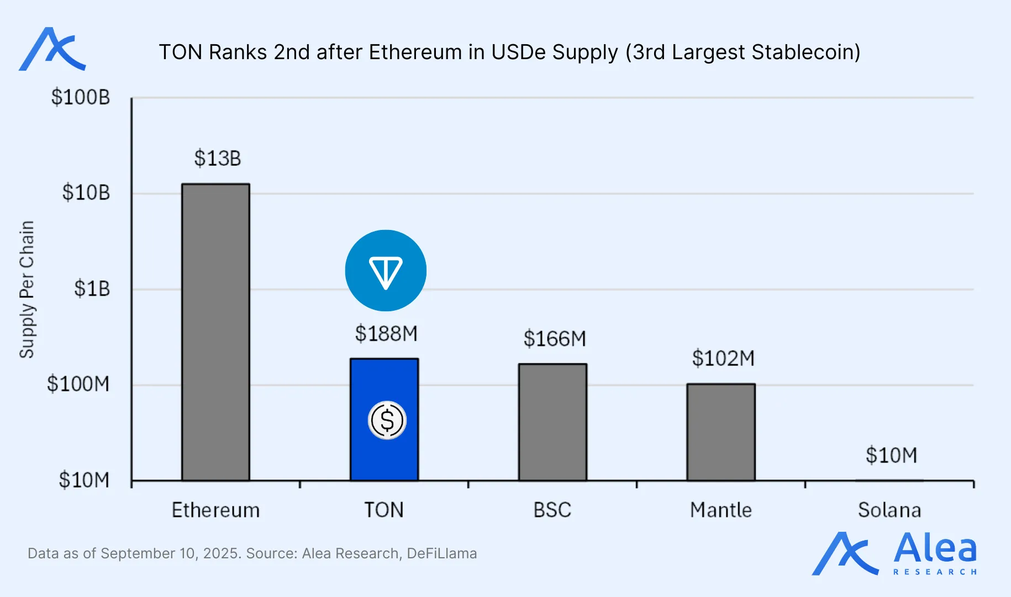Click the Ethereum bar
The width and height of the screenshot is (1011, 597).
coord(215,332)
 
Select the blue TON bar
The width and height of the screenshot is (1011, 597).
coord(384,387)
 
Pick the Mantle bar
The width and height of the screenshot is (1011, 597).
coord(721,432)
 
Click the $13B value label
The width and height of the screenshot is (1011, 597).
coord(217,159)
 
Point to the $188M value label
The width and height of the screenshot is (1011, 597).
coord(386,334)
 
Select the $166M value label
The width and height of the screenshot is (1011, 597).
coord(555,339)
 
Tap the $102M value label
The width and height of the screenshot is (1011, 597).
coord(723,359)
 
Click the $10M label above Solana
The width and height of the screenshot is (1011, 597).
coord(891,455)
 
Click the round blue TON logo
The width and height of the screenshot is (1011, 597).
coord(386,271)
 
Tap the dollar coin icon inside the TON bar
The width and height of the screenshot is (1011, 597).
coord(387,420)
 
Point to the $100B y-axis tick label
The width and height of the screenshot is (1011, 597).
coord(81,97)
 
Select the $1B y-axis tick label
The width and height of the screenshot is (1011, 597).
coord(92,289)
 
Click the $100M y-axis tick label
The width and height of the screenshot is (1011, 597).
coord(78,384)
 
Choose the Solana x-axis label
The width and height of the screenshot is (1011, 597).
coord(889,510)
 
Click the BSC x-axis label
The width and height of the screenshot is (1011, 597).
coord(552,510)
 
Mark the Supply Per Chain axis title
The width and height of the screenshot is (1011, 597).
coord(27,289)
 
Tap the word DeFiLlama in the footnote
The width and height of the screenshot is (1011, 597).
coord(441,553)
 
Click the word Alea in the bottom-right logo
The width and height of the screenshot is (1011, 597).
coord(935,548)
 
